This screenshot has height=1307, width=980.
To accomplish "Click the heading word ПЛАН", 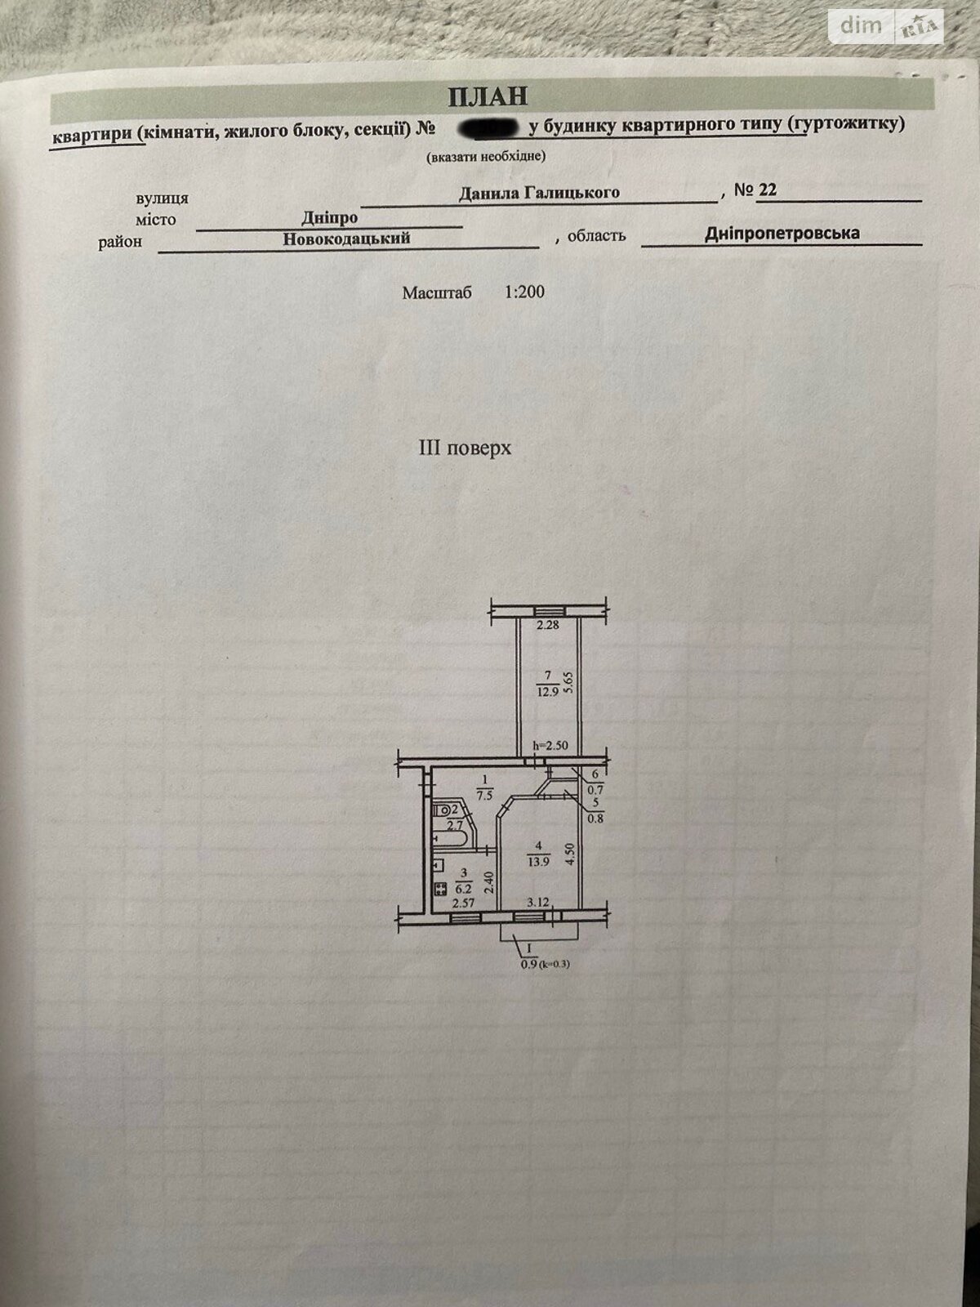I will [x=488, y=96].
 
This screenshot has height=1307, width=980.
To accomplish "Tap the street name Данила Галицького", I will [x=538, y=193].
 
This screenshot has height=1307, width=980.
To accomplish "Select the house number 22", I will [x=767, y=190].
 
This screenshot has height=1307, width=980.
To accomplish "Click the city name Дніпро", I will [x=329, y=219].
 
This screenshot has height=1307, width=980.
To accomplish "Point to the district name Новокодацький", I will [x=346, y=239].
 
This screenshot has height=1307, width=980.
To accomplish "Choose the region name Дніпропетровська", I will [x=782, y=234].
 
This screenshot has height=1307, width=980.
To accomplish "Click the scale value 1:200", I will [x=524, y=292].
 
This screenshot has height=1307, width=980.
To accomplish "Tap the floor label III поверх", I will [x=464, y=448].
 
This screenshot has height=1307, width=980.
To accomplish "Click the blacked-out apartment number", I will [x=486, y=127].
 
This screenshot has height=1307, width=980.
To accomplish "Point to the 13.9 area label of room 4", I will [x=537, y=860].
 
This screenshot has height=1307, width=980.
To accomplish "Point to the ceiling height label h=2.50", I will [x=550, y=745].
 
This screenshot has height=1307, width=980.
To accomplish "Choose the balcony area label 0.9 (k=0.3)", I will [x=543, y=964].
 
